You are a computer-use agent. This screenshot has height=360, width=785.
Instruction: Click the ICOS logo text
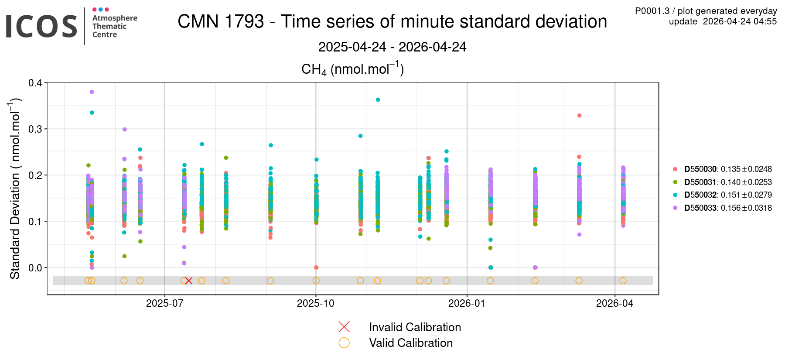click(x=41, y=26)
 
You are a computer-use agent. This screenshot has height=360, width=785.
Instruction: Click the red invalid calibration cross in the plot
click(x=188, y=281)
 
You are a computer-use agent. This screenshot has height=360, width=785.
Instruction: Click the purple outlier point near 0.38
click(x=92, y=92)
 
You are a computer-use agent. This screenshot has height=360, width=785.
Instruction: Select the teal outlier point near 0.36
click(x=378, y=100)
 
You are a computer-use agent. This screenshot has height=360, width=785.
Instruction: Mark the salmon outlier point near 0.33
click(x=579, y=116)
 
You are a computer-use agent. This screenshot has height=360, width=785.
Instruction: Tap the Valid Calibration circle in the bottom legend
click(x=344, y=343)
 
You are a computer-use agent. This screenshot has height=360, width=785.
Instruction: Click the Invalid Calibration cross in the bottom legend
click(x=344, y=327)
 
